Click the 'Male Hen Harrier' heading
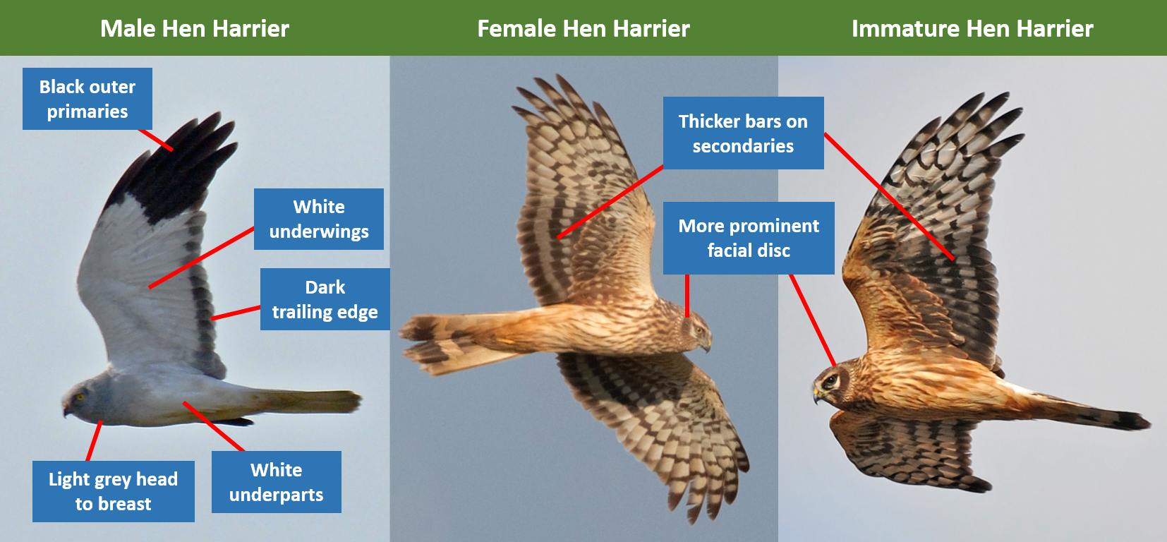point(194,29)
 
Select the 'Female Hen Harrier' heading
point(583,29)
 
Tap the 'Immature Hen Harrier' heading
point(972,29)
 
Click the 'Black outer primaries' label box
point(87,99)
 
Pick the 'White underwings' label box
point(319,219)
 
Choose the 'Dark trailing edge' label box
point(325,299)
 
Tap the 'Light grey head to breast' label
point(114,491)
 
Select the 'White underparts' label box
point(276,482)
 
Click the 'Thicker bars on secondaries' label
point(744,133)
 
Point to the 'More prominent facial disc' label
point(749,238)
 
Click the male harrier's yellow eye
point(80,397)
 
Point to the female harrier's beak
point(706,344)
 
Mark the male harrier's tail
point(308,402)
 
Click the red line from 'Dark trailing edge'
point(236,313)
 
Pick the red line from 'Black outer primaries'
point(156,140)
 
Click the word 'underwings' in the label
point(319,231)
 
